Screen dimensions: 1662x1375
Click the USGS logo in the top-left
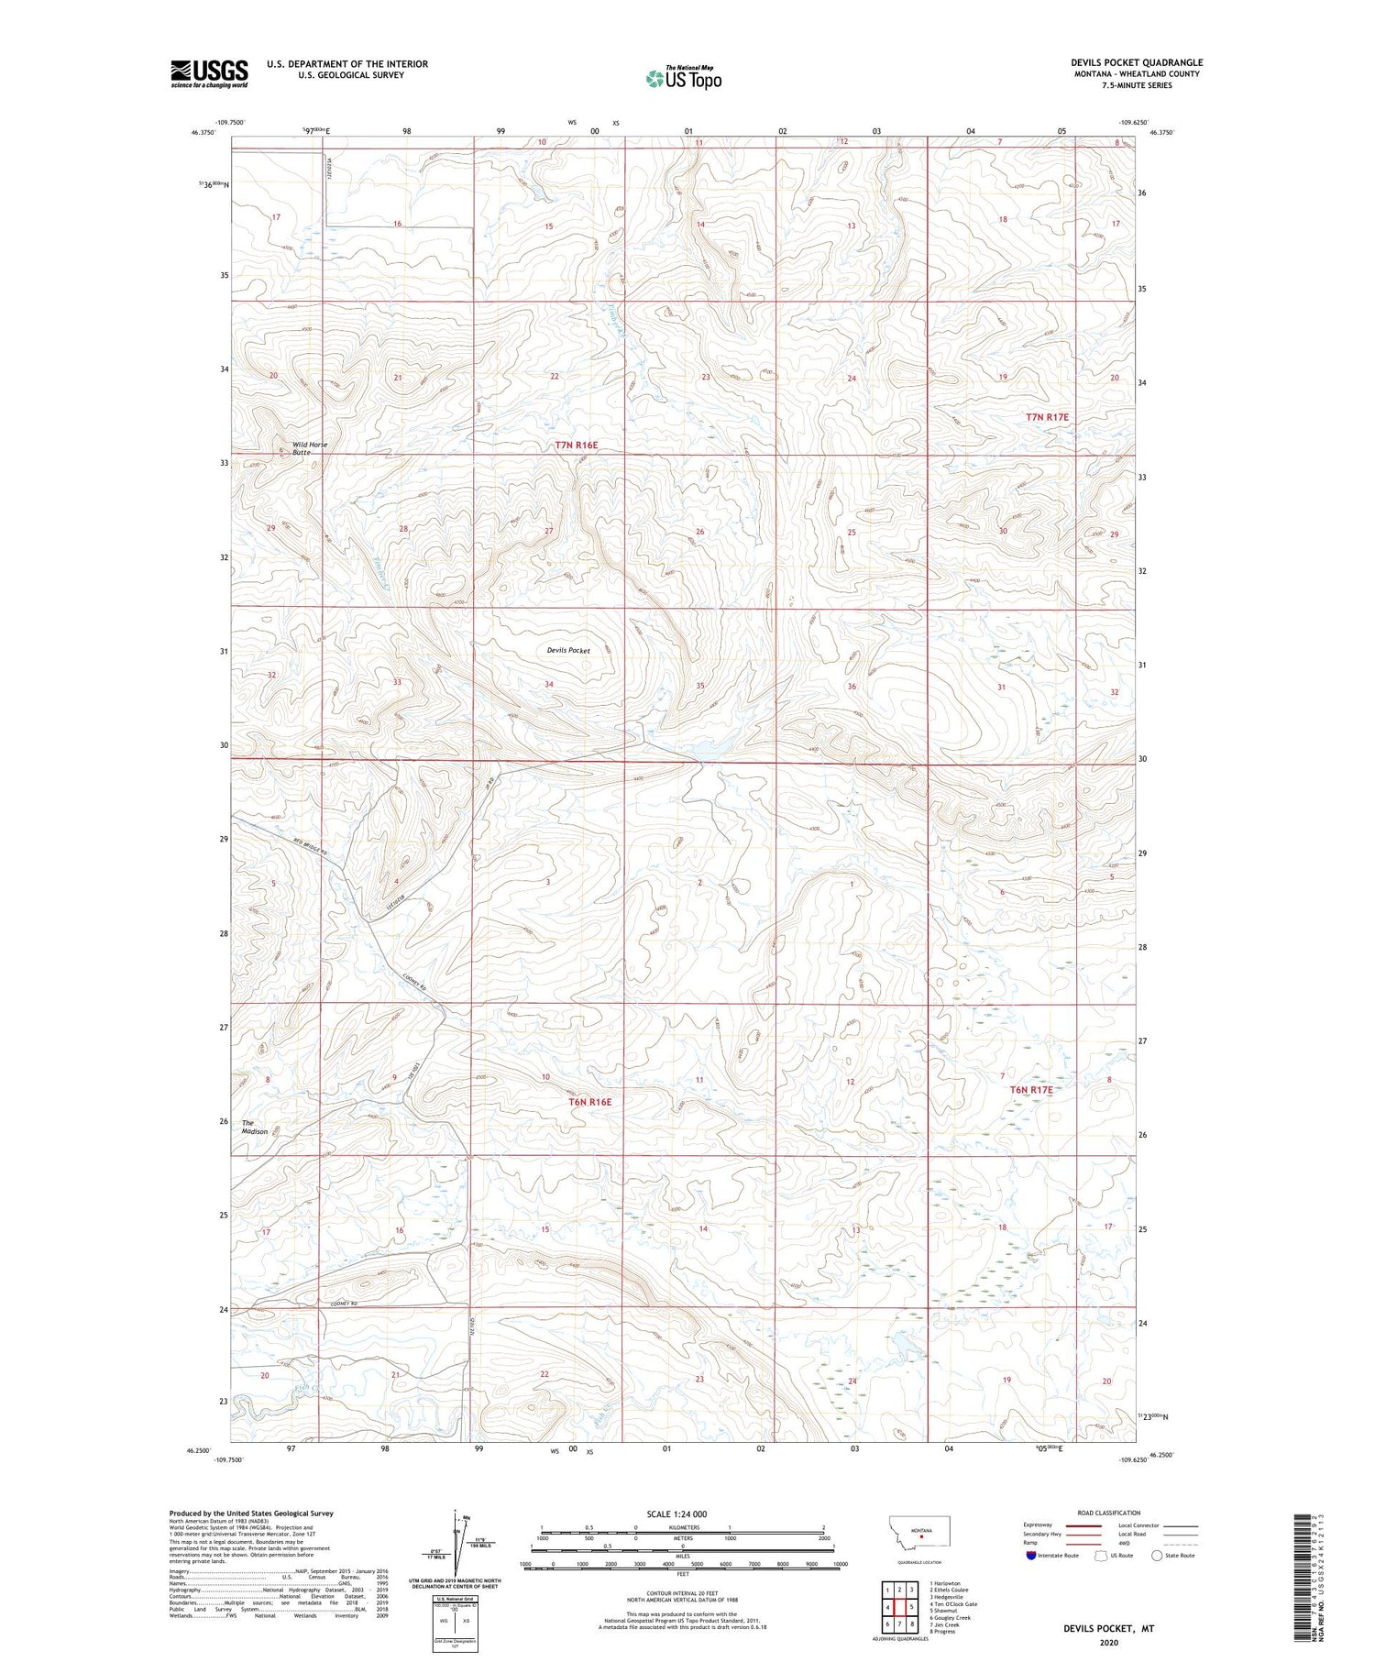click(209, 73)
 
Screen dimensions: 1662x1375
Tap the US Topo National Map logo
click(683, 79)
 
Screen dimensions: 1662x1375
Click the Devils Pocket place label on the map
click(568, 650)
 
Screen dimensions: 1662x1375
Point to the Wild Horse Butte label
click(309, 448)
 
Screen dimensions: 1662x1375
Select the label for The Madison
click(255, 1127)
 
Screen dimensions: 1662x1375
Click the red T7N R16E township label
click(576, 446)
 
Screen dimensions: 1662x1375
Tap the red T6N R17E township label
click(1031, 1090)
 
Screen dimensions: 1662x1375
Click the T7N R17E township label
click(1047, 417)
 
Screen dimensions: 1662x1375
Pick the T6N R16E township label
click(589, 1102)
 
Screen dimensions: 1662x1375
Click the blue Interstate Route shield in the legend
click(1031, 1555)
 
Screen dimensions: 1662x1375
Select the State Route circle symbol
click(1157, 1555)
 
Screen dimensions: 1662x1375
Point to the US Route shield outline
click(1101, 1555)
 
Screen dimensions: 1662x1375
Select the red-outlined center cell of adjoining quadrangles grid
click(900, 1607)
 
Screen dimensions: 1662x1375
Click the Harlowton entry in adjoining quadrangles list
click(946, 1583)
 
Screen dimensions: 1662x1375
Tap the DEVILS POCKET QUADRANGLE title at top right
click(1137, 62)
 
